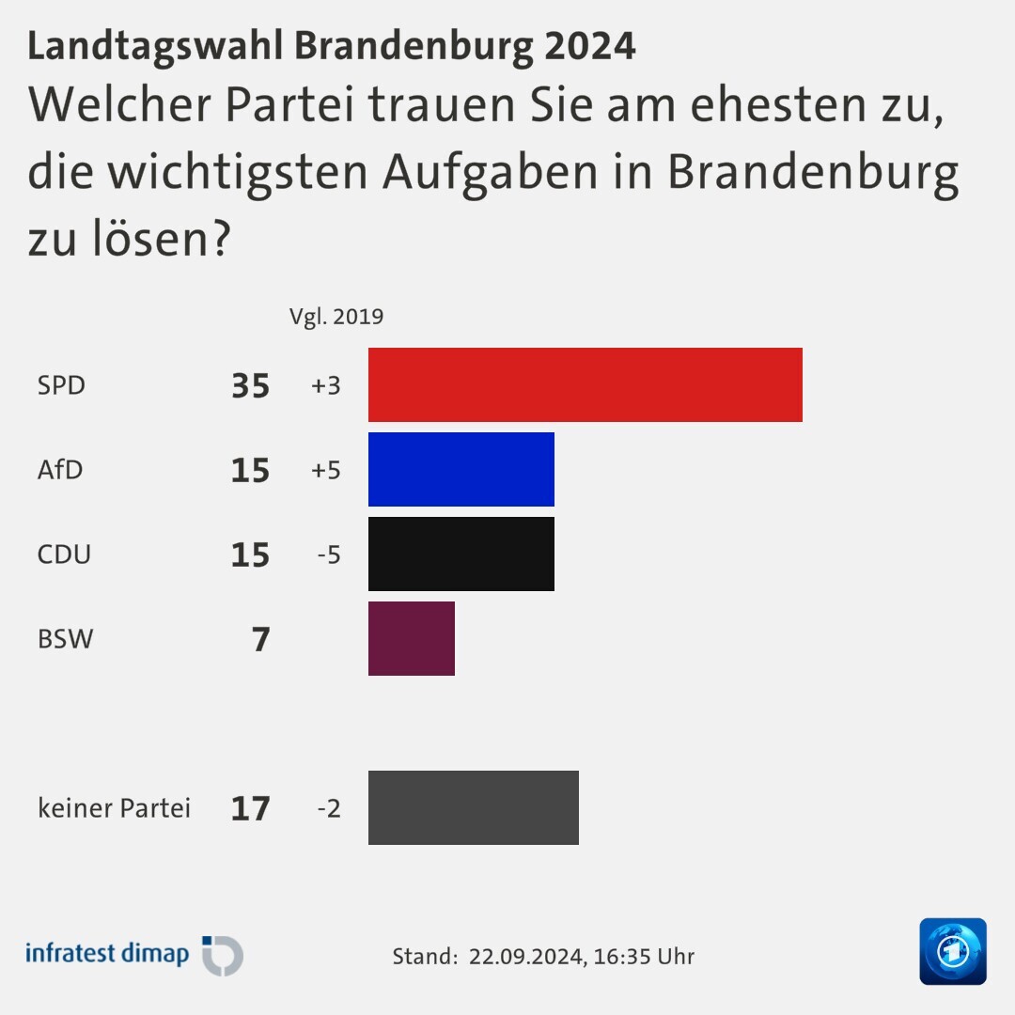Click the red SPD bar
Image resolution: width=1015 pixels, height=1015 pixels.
pyautogui.click(x=585, y=384)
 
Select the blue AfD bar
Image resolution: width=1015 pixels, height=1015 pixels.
pyautogui.click(x=461, y=469)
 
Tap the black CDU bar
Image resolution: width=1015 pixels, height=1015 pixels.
pyautogui.click(x=461, y=554)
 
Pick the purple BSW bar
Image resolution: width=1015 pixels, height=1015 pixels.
pyautogui.click(x=411, y=638)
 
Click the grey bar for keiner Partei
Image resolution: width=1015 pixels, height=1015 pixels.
pyautogui.click(x=473, y=807)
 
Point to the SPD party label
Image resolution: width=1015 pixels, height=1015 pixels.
pyautogui.click(x=61, y=385)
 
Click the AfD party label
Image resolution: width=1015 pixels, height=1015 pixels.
pyautogui.click(x=60, y=470)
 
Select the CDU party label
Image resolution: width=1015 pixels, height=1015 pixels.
pyautogui.click(x=64, y=554)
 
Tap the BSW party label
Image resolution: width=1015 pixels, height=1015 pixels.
pyautogui.click(x=65, y=639)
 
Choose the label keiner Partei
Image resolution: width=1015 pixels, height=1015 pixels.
pyautogui.click(x=114, y=808)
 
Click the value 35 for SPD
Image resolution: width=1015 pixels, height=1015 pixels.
pyautogui.click(x=250, y=385)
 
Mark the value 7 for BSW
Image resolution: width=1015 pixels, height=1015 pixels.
pyautogui.click(x=260, y=639)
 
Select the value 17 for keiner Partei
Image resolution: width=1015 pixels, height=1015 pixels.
pyautogui.click(x=250, y=808)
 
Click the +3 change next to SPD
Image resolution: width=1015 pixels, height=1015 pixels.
pyautogui.click(x=325, y=385)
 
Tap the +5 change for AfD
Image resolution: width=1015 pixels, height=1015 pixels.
pyautogui.click(x=325, y=470)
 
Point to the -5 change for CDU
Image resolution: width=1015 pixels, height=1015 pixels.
pyautogui.click(x=328, y=554)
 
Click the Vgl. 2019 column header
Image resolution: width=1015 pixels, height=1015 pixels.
pyautogui.click(x=336, y=317)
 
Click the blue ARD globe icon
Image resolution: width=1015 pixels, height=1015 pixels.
pyautogui.click(x=952, y=951)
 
